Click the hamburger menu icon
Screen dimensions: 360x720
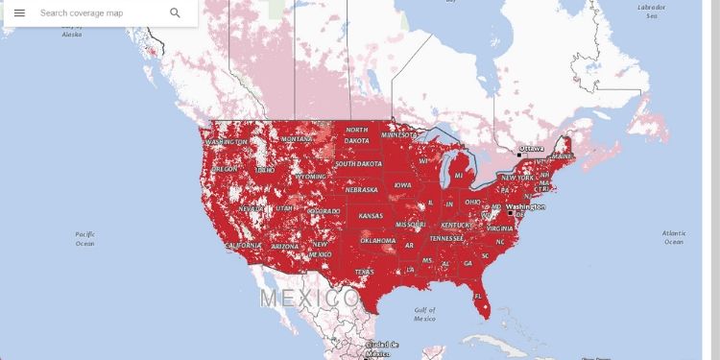click(x=19, y=13)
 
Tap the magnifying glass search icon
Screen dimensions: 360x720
click(x=175, y=13)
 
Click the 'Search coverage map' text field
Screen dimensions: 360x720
click(x=96, y=13)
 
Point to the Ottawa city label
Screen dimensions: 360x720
click(x=531, y=149)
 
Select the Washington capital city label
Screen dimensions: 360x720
click(x=526, y=207)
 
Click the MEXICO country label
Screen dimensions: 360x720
click(x=310, y=298)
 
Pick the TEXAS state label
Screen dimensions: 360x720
click(x=365, y=272)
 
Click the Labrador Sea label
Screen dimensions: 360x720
click(x=652, y=11)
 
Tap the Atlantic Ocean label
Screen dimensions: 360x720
click(x=674, y=236)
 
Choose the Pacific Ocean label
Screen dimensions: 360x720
click(x=84, y=239)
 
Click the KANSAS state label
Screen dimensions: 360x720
click(x=371, y=216)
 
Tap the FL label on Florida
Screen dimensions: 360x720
click(x=477, y=296)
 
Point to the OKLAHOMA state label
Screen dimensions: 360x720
click(x=377, y=240)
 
